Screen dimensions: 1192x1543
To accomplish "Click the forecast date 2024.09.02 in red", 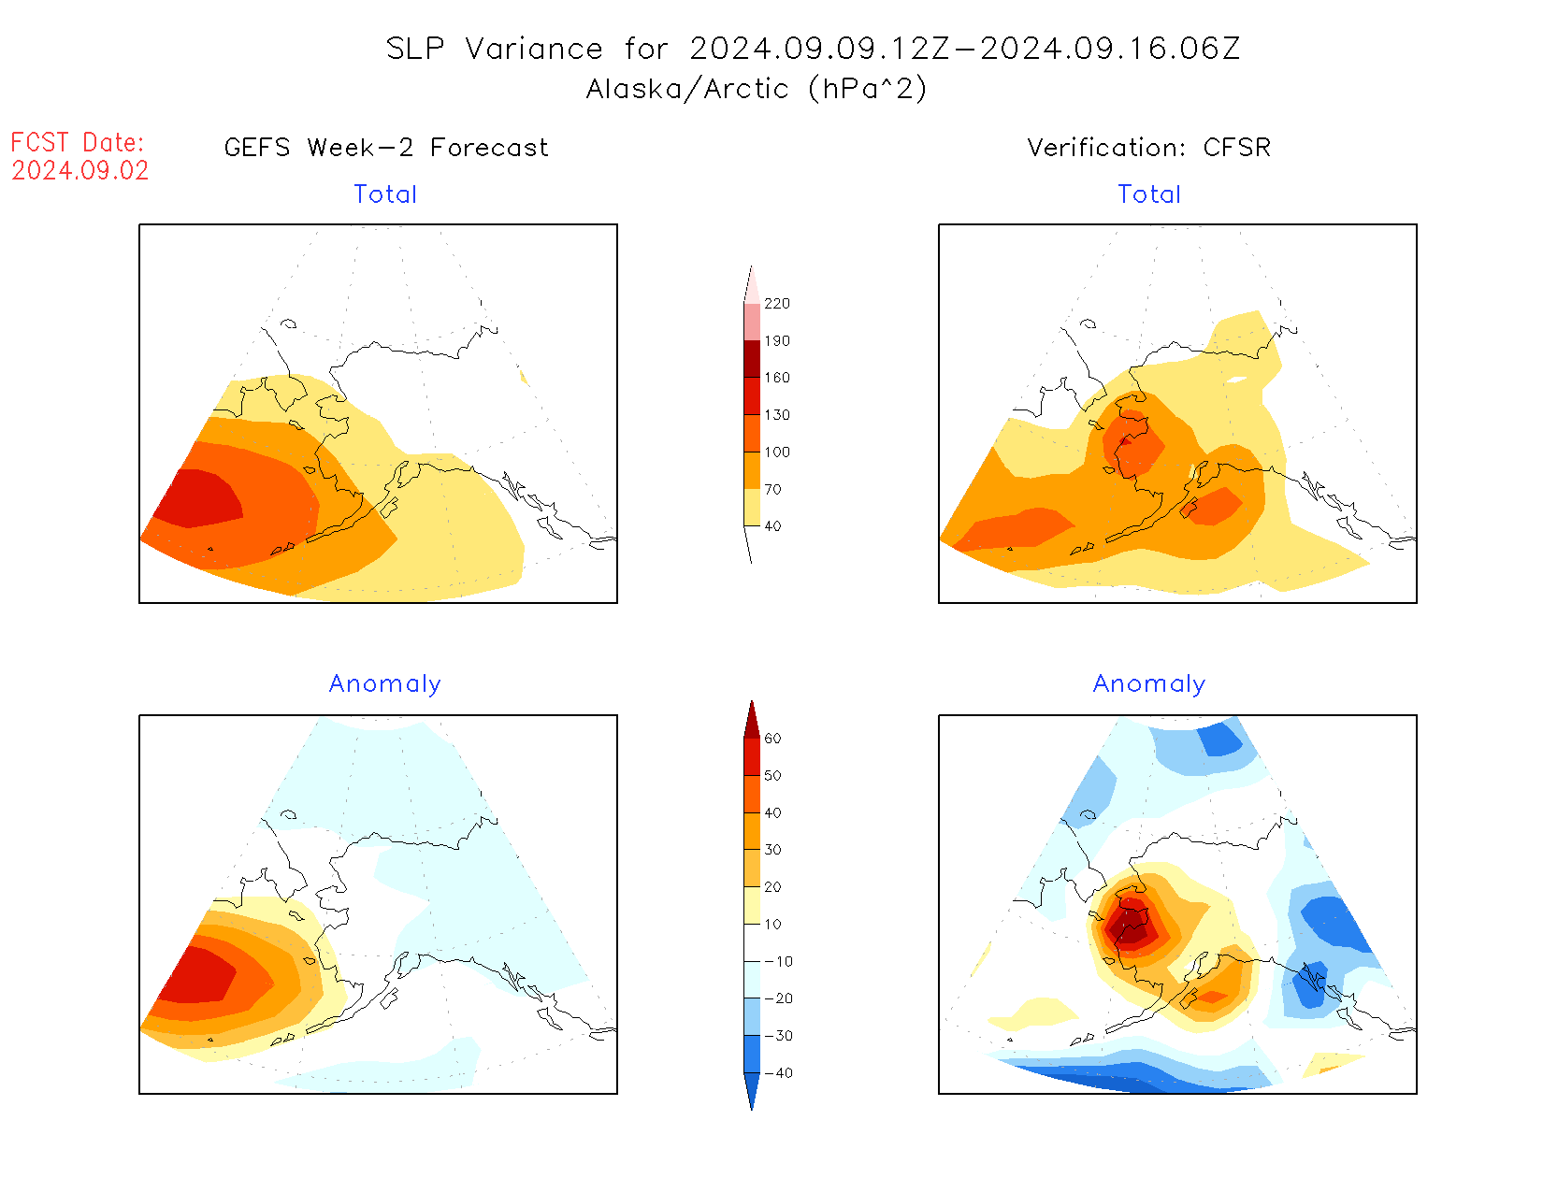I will [x=80, y=171].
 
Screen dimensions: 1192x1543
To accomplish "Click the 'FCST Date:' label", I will [x=78, y=143].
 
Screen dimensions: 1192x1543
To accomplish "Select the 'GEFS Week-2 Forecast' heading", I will [x=386, y=148].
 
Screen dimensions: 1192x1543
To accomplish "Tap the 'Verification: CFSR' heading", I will [x=1148, y=148].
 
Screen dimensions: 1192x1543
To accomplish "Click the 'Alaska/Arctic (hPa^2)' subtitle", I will [x=757, y=89].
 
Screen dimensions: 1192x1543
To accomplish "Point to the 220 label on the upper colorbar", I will [x=777, y=304].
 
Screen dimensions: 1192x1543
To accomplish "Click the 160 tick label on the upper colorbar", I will [x=777, y=378].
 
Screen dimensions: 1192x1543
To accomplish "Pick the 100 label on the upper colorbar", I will [x=777, y=452].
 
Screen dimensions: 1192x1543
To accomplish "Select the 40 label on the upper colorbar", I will [x=772, y=526].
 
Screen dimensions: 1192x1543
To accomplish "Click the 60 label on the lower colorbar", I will [x=772, y=739].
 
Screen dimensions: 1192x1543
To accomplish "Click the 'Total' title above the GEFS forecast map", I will [x=385, y=194].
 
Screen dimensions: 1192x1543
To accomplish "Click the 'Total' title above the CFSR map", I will [x=1149, y=194].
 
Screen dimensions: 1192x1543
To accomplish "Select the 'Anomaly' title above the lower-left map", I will [x=385, y=684].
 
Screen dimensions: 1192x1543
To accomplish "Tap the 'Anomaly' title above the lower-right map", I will [x=1149, y=684].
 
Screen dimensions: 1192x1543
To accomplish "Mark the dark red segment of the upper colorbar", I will [x=752, y=359].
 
